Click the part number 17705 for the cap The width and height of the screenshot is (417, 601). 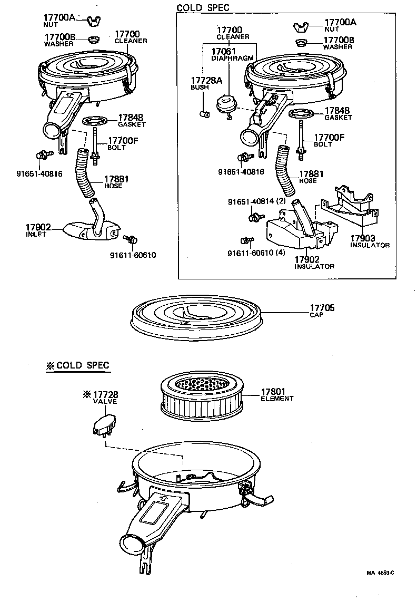pyautogui.click(x=322, y=308)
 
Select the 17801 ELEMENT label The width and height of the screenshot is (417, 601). pyautogui.click(x=277, y=395)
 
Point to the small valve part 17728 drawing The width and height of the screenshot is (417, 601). pyautogui.click(x=105, y=424)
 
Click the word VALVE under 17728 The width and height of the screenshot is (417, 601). pyautogui.click(x=105, y=401)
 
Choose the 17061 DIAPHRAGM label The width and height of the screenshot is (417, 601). pyautogui.click(x=233, y=54)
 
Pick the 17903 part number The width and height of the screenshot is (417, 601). pyautogui.click(x=364, y=238)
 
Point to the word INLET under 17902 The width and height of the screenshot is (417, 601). pyautogui.click(x=37, y=234)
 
